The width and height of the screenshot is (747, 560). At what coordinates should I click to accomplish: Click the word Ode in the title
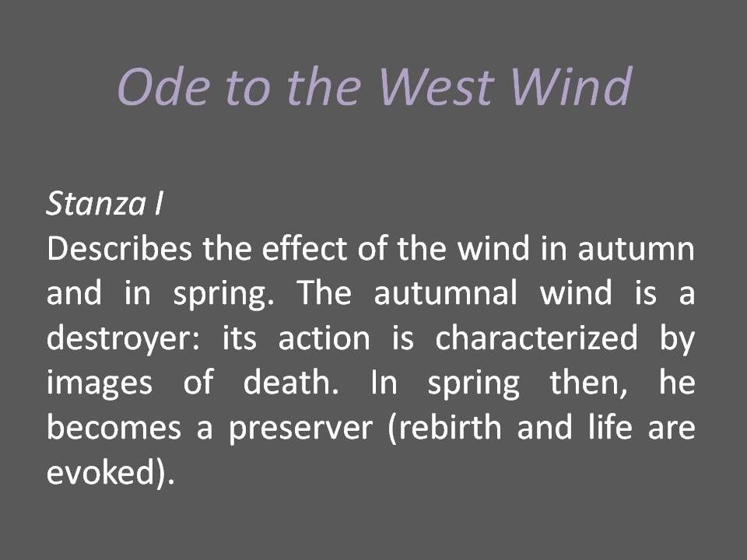(164, 86)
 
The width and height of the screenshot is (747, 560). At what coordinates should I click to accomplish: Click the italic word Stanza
(96, 204)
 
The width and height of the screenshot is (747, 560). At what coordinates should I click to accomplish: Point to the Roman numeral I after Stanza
(159, 204)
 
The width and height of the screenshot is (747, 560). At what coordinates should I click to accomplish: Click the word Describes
(120, 249)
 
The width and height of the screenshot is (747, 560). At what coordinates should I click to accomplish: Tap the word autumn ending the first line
(637, 250)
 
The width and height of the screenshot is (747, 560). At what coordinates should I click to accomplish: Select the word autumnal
(445, 293)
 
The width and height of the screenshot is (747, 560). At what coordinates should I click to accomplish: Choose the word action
(324, 338)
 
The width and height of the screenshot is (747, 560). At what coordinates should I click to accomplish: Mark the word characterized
(536, 338)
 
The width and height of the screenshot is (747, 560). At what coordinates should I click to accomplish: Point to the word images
(100, 383)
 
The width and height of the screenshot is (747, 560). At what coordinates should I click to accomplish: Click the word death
(291, 382)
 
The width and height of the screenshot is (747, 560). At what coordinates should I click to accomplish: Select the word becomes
(114, 427)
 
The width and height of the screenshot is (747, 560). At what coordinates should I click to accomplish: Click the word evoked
(101, 472)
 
